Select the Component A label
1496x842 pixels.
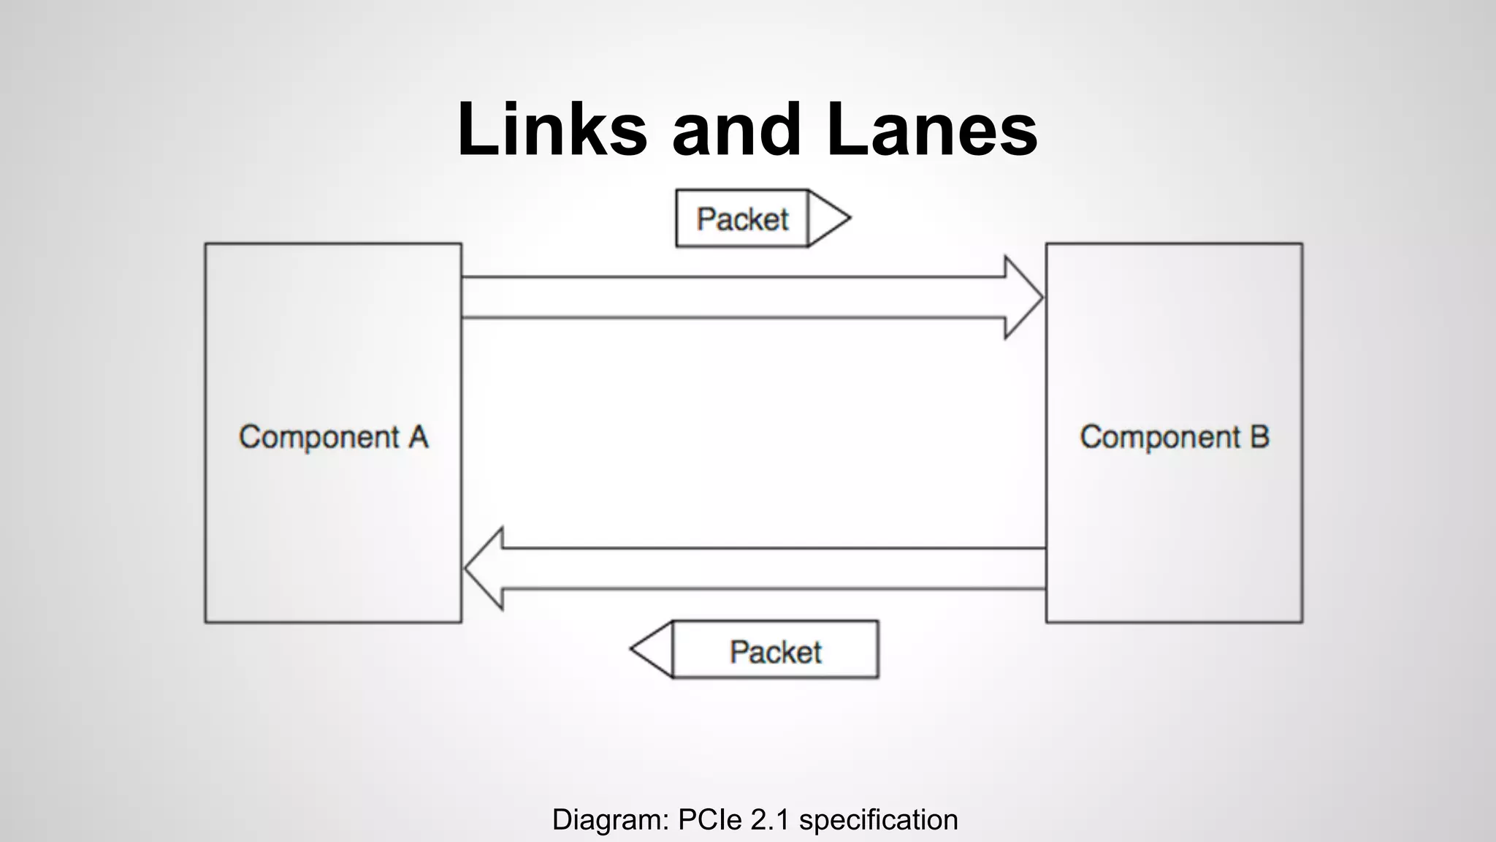pyautogui.click(x=333, y=437)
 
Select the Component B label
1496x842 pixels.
pyautogui.click(x=1174, y=437)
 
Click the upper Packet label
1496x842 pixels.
pyautogui.click(x=742, y=219)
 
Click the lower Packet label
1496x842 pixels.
pyautogui.click(x=776, y=651)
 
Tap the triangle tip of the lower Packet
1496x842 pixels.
pyautogui.click(x=651, y=649)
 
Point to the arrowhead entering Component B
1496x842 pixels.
pyautogui.click(x=1023, y=297)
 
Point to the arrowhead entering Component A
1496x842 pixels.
pyautogui.click(x=484, y=569)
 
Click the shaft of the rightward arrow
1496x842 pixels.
pyautogui.click(x=730, y=297)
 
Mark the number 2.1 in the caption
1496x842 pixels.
pyautogui.click(x=770, y=820)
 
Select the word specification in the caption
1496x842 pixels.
pyautogui.click(x=878, y=820)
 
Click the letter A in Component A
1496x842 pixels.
pyautogui.click(x=418, y=437)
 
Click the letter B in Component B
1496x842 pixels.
pyautogui.click(x=1259, y=437)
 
